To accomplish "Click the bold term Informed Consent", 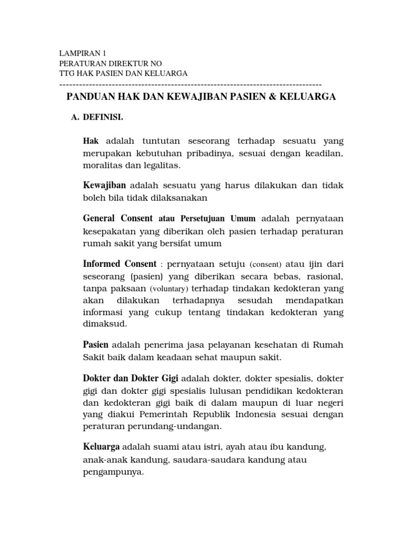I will tap(120, 263).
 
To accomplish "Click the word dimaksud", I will tap(105, 324).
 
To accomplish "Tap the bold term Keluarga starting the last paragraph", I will tap(102, 447).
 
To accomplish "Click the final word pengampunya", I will tap(113, 471).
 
